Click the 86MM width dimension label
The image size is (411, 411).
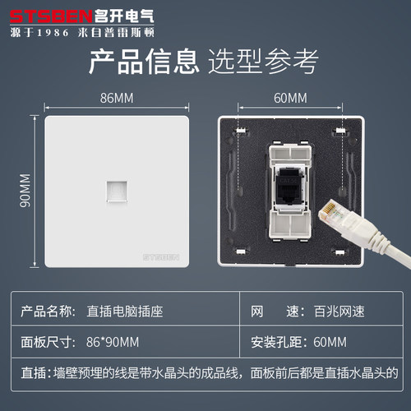pyautogui.click(x=117, y=98)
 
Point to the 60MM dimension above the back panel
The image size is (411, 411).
pyautogui.click(x=290, y=98)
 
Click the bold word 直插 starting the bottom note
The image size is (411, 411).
pyautogui.click(x=33, y=374)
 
